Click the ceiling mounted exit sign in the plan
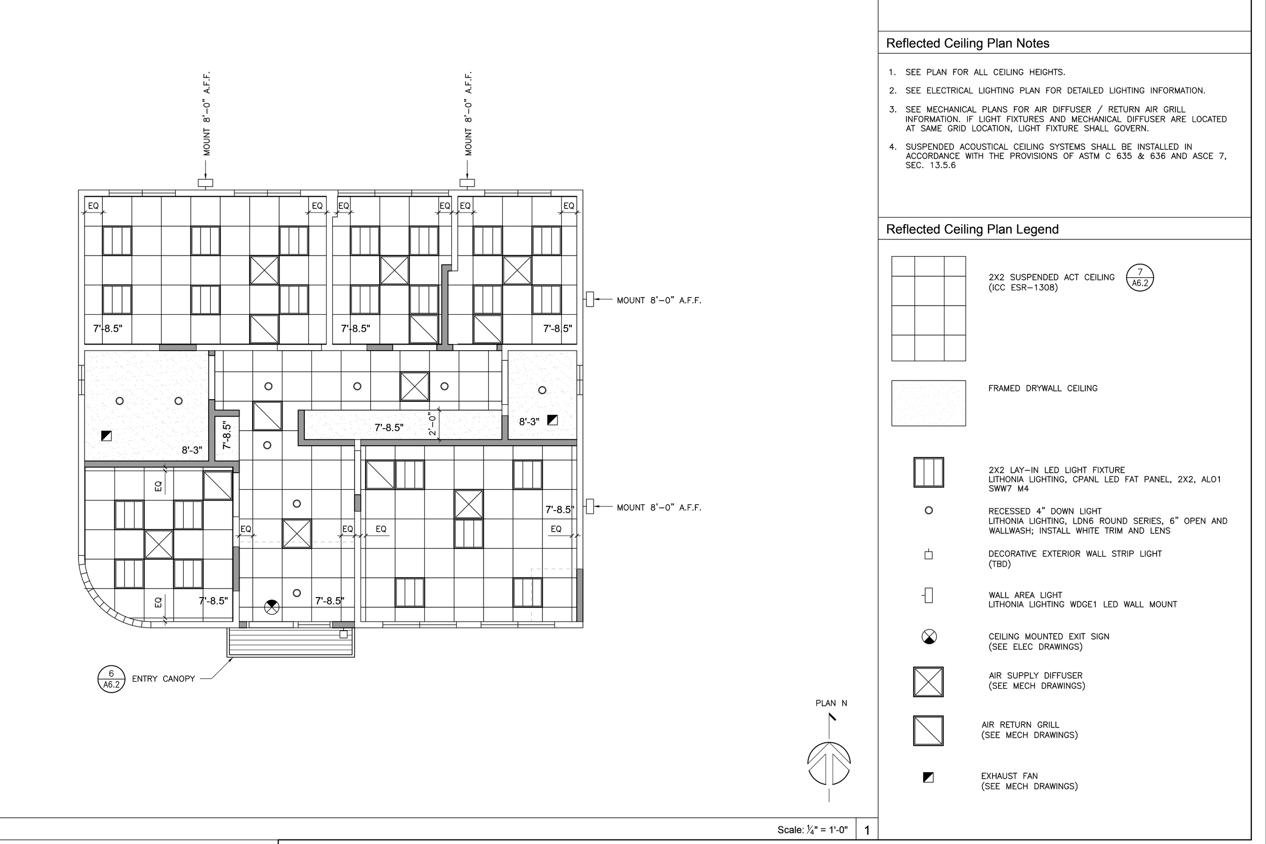272,608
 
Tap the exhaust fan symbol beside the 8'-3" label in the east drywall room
552,420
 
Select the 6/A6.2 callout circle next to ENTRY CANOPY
111,679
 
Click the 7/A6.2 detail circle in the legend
1140,278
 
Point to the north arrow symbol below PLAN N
829,763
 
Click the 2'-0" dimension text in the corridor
432,424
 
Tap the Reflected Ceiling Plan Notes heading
968,44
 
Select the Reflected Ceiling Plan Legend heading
972,229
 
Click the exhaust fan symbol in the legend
928,777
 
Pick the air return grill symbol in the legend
928,731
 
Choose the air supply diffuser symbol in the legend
928,682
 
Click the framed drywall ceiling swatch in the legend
928,403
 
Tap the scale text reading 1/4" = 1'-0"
812,829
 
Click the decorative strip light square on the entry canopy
344,635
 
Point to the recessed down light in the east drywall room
542,390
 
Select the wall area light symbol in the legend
928,596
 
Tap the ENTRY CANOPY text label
163,679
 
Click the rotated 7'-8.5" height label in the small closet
227,436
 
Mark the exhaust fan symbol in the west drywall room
106,436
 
